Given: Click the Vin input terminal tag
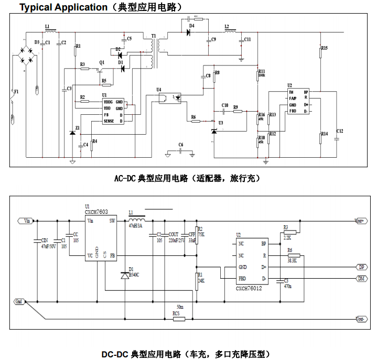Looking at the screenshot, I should tap(25, 221).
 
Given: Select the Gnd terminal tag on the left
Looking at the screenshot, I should tap(19, 302).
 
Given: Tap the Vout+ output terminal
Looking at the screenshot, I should tap(360, 221).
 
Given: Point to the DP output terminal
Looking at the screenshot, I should tap(361, 267).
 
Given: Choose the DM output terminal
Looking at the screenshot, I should tap(361, 278).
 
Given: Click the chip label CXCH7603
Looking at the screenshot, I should tap(96, 212).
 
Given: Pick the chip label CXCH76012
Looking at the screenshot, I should tap(249, 288).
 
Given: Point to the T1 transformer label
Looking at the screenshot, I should tap(153, 36).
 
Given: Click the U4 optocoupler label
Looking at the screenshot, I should tap(159, 90).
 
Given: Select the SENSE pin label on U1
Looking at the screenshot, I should tap(109, 121).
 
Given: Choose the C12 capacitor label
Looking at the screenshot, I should tap(339, 130).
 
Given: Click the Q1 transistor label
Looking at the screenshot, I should tap(102, 62).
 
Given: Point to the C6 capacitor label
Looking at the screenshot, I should tap(181, 144).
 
